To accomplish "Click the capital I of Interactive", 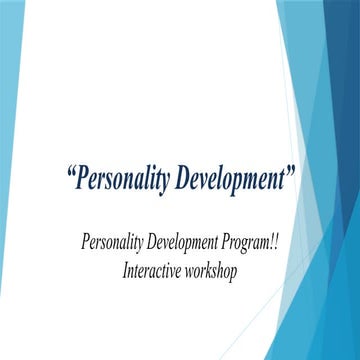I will tap(127, 271).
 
